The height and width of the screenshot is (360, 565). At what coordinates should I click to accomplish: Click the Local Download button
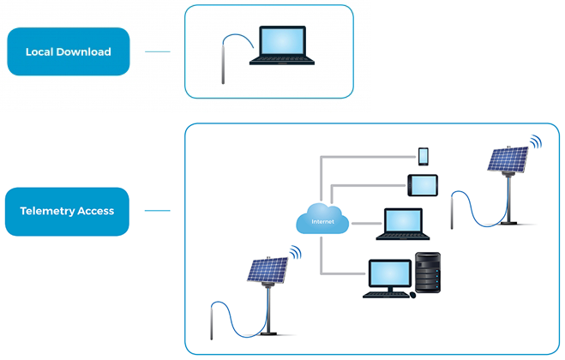(68, 51)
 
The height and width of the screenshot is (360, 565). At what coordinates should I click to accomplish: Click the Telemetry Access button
(67, 211)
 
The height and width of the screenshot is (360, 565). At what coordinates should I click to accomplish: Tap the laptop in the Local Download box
(282, 47)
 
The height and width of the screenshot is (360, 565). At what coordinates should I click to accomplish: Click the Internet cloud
(321, 220)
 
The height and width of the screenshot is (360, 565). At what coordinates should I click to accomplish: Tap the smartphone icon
(423, 156)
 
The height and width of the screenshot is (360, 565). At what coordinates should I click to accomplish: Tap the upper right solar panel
(508, 159)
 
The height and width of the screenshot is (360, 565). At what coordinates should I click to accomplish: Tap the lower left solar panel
(267, 271)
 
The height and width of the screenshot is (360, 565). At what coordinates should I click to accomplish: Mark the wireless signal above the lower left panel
(296, 252)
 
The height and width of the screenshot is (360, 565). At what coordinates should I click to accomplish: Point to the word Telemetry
(47, 211)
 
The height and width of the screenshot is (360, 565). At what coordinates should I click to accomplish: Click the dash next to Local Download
(158, 51)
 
